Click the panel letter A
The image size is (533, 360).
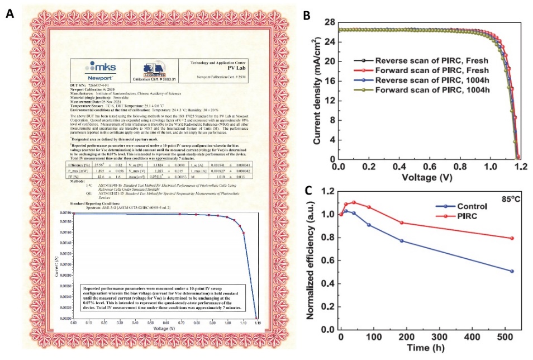[x=9, y=13]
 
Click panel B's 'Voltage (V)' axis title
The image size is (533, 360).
[x=430, y=179]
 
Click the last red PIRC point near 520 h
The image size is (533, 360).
[x=512, y=238]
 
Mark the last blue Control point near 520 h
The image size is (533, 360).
[x=512, y=271]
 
